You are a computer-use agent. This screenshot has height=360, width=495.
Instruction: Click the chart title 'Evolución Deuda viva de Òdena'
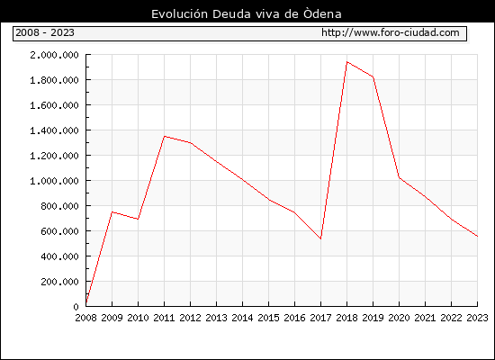[x=247, y=14]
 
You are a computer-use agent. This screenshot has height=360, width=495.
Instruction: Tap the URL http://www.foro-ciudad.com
[x=391, y=32]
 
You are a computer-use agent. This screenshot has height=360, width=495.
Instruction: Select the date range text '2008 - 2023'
[x=45, y=32]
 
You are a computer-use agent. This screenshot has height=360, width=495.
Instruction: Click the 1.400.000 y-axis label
[x=54, y=130]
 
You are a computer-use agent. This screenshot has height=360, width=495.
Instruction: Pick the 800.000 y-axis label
[x=59, y=206]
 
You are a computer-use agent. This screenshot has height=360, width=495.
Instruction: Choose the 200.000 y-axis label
[x=59, y=282]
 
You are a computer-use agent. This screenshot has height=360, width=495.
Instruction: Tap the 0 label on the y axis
[x=76, y=307]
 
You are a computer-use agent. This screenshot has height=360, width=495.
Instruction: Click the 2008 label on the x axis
[x=85, y=318]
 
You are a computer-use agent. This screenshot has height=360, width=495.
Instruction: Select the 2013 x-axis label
[x=217, y=318]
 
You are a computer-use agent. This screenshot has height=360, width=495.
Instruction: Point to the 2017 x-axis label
[x=320, y=318]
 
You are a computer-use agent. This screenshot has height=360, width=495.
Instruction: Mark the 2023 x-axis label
[x=477, y=318]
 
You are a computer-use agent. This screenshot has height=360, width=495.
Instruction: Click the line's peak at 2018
[x=346, y=62]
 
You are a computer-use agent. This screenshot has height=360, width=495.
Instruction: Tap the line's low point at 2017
[x=320, y=238]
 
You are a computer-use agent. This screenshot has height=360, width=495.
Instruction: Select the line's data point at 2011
[x=165, y=137]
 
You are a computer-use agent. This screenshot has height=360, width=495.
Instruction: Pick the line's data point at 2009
[x=112, y=211]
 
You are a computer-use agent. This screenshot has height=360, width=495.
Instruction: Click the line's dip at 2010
[x=139, y=220]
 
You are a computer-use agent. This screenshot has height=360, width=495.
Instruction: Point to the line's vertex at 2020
[x=399, y=178]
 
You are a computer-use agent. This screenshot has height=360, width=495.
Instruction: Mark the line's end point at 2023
[x=477, y=236]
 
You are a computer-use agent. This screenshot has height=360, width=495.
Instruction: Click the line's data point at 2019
[x=373, y=76]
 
